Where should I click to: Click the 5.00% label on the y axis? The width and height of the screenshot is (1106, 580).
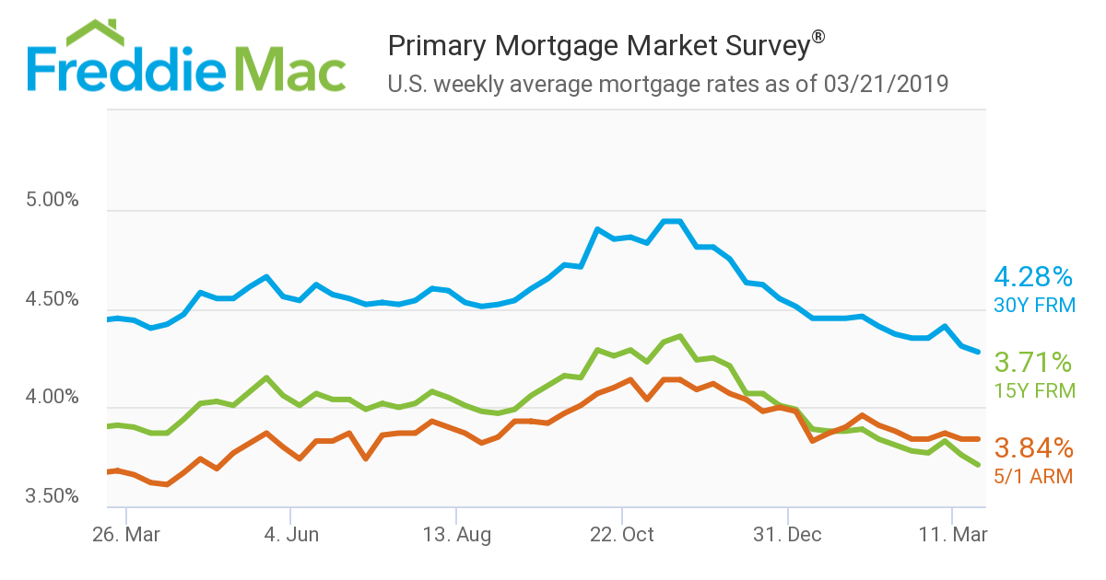(x=53, y=200)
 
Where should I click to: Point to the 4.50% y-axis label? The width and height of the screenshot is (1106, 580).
(x=53, y=299)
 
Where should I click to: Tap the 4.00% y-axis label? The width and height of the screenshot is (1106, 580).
(x=53, y=399)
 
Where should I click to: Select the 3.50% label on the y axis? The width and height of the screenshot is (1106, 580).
(x=53, y=497)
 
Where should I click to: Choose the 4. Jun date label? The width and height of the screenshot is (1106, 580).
(x=290, y=535)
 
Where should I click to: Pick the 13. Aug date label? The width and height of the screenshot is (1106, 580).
(x=455, y=535)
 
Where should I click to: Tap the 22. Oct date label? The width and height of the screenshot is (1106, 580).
(x=622, y=535)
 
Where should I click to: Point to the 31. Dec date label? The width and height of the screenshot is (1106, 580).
(x=788, y=535)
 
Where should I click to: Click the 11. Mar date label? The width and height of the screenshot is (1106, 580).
(x=950, y=535)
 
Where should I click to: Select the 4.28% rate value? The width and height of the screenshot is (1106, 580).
(x=1033, y=276)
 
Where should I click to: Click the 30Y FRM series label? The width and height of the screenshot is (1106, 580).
(x=1033, y=305)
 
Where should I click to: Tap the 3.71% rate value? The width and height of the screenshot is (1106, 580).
(x=1033, y=362)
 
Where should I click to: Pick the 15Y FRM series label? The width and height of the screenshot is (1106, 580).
(x=1033, y=390)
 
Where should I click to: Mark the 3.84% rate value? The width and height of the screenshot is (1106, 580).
(x=1033, y=448)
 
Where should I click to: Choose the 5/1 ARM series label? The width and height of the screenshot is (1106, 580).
(x=1033, y=476)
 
